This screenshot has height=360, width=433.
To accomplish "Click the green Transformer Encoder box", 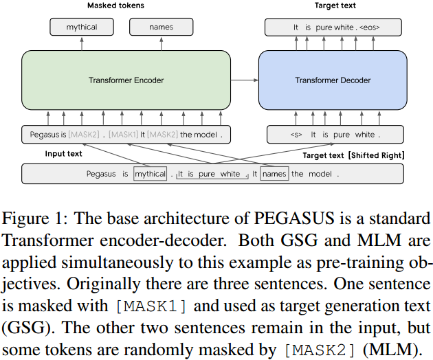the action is tap(126, 80).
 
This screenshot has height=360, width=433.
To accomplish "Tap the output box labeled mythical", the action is tap(82, 27).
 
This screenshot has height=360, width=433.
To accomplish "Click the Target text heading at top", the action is tap(335, 5).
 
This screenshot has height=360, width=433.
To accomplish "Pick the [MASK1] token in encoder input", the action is tap(124, 135).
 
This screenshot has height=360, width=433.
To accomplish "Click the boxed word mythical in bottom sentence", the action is tap(151, 174).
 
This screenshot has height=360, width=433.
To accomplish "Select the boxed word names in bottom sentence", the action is tap(274, 174).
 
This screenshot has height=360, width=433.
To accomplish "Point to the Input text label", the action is tap(64, 154).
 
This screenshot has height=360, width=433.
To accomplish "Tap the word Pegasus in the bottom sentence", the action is tap(101, 174).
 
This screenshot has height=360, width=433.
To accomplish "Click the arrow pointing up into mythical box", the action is tap(82, 43).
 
